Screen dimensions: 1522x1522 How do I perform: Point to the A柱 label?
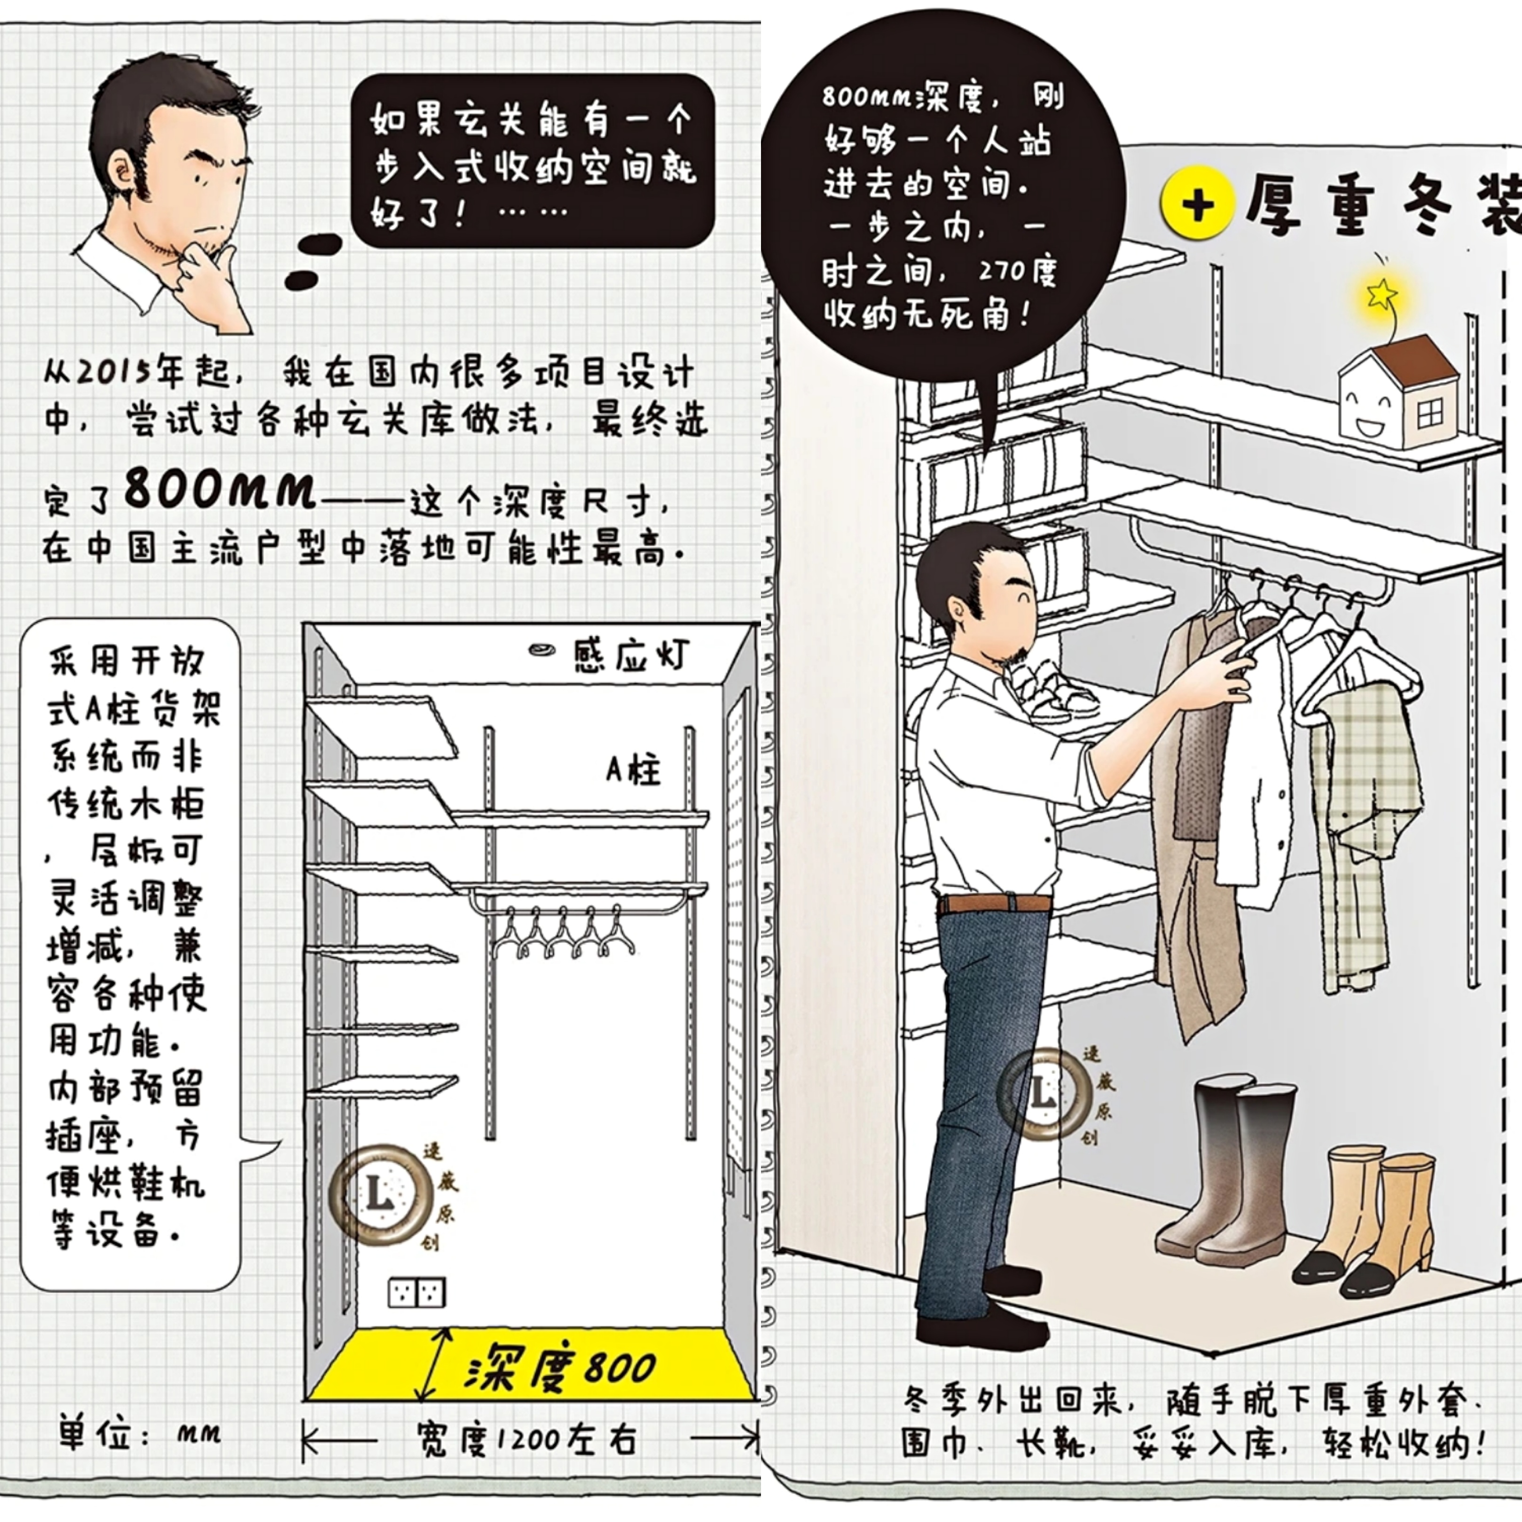(x=633, y=769)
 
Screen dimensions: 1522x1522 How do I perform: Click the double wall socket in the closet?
(x=417, y=1292)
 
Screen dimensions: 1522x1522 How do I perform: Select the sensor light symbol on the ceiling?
(x=542, y=650)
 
